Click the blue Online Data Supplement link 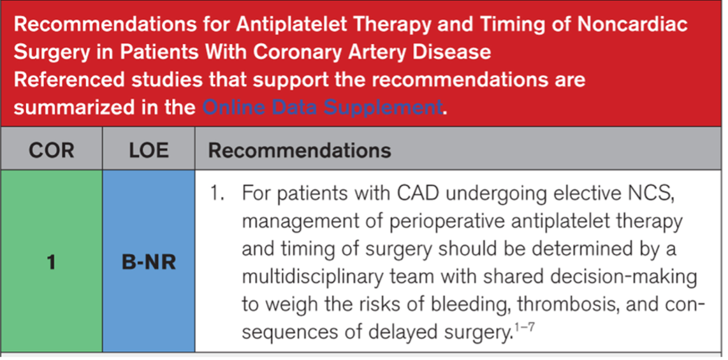(322, 108)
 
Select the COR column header (51, 150)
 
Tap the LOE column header (149, 150)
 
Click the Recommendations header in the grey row (299, 150)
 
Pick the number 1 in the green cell (51, 263)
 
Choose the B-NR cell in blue (149, 263)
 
